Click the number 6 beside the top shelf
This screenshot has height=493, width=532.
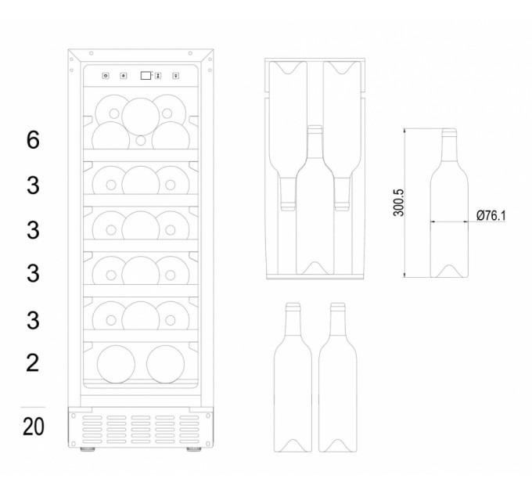33,140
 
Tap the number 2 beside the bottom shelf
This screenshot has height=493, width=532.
33,363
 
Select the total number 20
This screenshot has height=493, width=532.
33,426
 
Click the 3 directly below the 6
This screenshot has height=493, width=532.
33,185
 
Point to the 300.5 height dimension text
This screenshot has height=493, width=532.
399,203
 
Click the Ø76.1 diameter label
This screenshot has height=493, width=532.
491,215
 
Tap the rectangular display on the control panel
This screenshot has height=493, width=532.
146,75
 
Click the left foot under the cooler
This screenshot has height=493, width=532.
88,449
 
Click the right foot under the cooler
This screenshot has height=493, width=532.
194,449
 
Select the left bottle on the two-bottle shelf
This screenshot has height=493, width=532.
116,365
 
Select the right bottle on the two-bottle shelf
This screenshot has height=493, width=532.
166,365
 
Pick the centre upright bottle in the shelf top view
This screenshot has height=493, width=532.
315,200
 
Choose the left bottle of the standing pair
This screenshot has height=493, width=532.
293,377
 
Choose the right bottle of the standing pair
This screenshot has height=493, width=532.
338,377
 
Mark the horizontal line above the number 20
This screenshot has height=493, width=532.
33,407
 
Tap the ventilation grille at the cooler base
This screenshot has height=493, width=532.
141,430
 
